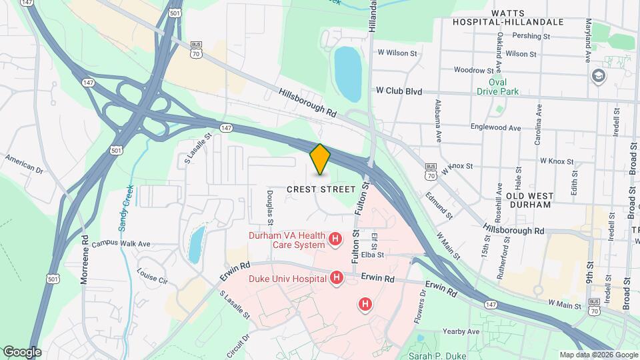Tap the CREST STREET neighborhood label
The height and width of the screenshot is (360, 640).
(321, 189)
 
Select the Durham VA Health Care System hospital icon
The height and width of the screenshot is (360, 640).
(336, 238)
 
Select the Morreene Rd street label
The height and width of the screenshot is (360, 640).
(85, 259)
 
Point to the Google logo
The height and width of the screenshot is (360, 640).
(22, 352)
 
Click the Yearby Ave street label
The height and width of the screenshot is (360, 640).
(461, 331)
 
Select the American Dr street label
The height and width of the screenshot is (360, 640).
(24, 164)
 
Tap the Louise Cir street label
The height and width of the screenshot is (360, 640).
(151, 276)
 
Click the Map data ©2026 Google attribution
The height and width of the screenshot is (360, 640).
(598, 355)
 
